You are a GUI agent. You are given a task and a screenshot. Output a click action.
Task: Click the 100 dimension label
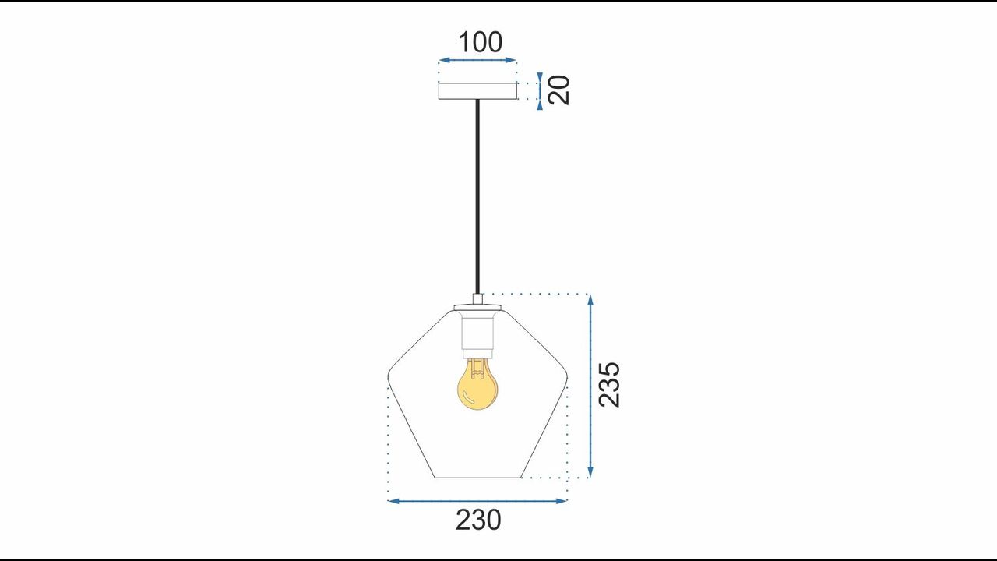coord(481,42)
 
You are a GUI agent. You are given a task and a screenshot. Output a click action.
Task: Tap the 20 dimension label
coord(559,90)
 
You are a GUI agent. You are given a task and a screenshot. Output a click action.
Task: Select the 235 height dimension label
coord(609,385)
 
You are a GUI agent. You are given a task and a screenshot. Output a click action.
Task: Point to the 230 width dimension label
coord(478,520)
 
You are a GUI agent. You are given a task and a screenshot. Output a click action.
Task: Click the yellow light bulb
coord(477,384)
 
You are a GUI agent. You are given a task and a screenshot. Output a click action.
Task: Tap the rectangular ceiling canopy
coord(478,91)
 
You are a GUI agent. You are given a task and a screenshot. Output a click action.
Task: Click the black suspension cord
coord(478,196)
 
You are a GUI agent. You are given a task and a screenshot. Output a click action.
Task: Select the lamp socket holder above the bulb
coord(477,335)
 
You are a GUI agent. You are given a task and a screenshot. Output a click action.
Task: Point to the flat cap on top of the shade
coord(477,308)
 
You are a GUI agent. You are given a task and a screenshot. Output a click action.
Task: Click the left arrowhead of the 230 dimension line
coord(393,501)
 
